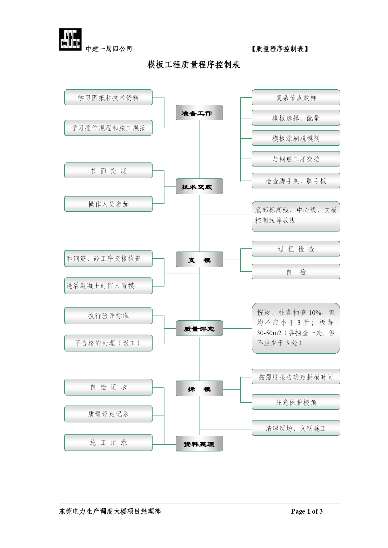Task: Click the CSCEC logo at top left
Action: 70,39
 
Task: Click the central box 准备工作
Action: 199,112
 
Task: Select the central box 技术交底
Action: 199,186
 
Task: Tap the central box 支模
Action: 199,259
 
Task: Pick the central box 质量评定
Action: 199,328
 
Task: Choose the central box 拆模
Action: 199,388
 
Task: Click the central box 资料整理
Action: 199,444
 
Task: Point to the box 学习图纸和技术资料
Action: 108,97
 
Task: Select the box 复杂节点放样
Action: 296,97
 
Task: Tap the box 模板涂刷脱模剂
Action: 296,138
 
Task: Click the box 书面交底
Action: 108,170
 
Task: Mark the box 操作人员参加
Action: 108,204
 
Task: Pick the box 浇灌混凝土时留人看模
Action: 108,286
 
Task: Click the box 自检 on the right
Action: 296,272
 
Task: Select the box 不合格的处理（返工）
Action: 108,343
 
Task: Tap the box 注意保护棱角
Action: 296,402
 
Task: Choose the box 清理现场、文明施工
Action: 296,428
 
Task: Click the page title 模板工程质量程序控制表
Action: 194,65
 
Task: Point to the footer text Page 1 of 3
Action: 307,511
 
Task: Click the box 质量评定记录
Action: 108,414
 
